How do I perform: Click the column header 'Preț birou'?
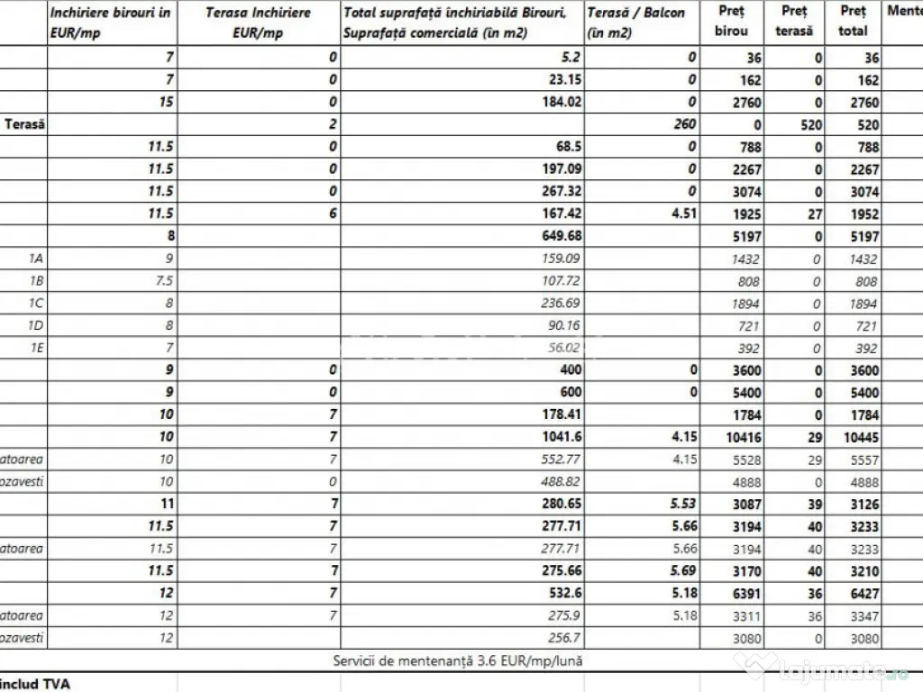click(730, 22)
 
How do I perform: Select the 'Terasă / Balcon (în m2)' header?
click(635, 22)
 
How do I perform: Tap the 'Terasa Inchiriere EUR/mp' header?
click(258, 22)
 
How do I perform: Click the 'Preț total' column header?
click(852, 22)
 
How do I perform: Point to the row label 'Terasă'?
click(25, 124)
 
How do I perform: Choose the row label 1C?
click(35, 303)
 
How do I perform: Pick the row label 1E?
click(35, 347)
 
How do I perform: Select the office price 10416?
click(741, 437)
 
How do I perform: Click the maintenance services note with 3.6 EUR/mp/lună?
click(458, 660)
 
